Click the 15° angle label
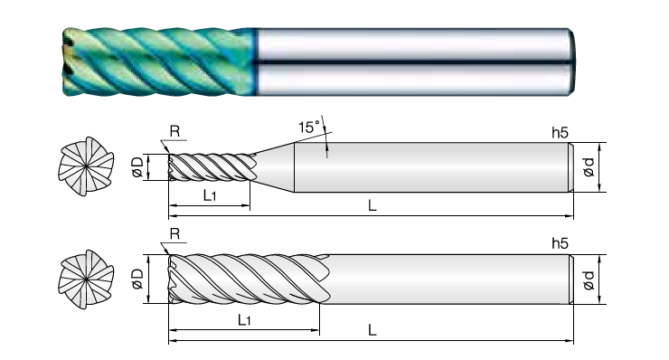click(309, 128)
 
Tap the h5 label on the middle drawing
click(561, 133)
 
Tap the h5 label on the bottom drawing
click(561, 243)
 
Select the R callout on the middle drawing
click(174, 131)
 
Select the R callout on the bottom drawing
click(174, 234)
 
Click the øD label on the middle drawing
click(137, 167)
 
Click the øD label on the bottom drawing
click(137, 279)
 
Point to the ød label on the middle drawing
click(589, 167)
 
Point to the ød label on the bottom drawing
click(589, 279)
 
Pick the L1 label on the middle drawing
click(210, 195)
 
